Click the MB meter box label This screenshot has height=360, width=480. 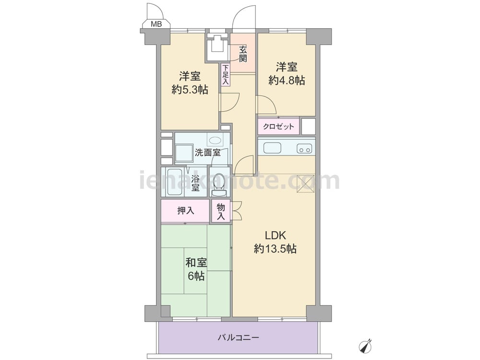coord(156,24)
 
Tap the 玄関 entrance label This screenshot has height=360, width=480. coord(243,54)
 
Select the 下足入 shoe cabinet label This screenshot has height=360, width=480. coord(225,75)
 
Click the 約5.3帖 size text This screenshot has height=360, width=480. coord(190,90)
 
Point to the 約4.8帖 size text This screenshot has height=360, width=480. coord(287,80)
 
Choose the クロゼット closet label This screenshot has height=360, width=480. coord(278,126)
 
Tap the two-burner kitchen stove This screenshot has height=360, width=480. coord(304,148)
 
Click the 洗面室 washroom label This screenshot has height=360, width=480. coord(208,152)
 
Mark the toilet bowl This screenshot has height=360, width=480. coord(219,183)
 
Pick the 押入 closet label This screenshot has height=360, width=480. coord(186,211)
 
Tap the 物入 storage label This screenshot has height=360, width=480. coord(221,212)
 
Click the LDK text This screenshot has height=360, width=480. coord(275,235)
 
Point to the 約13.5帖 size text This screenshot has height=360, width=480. coord(275,249)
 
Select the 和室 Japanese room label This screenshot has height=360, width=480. coord(196,263)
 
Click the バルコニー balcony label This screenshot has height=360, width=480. coord(239,337)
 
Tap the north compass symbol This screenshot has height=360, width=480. coord(365,346)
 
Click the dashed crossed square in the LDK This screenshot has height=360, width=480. coord(305,184)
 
